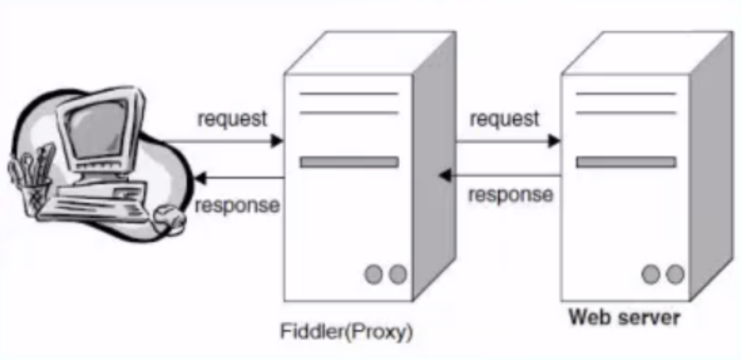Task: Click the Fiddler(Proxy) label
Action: [347, 332]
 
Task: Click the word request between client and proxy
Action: [232, 118]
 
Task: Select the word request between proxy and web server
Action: [504, 118]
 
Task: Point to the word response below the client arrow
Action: [238, 206]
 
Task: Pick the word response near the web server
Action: [510, 194]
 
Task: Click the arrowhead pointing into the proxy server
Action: [277, 141]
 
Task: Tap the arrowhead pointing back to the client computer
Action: [200, 179]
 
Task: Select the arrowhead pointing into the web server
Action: [554, 141]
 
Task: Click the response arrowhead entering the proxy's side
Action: [445, 175]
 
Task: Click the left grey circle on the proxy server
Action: [373, 274]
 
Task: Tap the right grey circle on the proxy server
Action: [397, 274]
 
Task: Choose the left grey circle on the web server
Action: [651, 274]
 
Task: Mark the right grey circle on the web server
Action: [675, 274]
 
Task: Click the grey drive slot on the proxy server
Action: [349, 162]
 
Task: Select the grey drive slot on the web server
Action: [626, 162]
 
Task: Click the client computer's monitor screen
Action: [97, 127]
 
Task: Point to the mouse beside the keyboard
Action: [169, 219]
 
